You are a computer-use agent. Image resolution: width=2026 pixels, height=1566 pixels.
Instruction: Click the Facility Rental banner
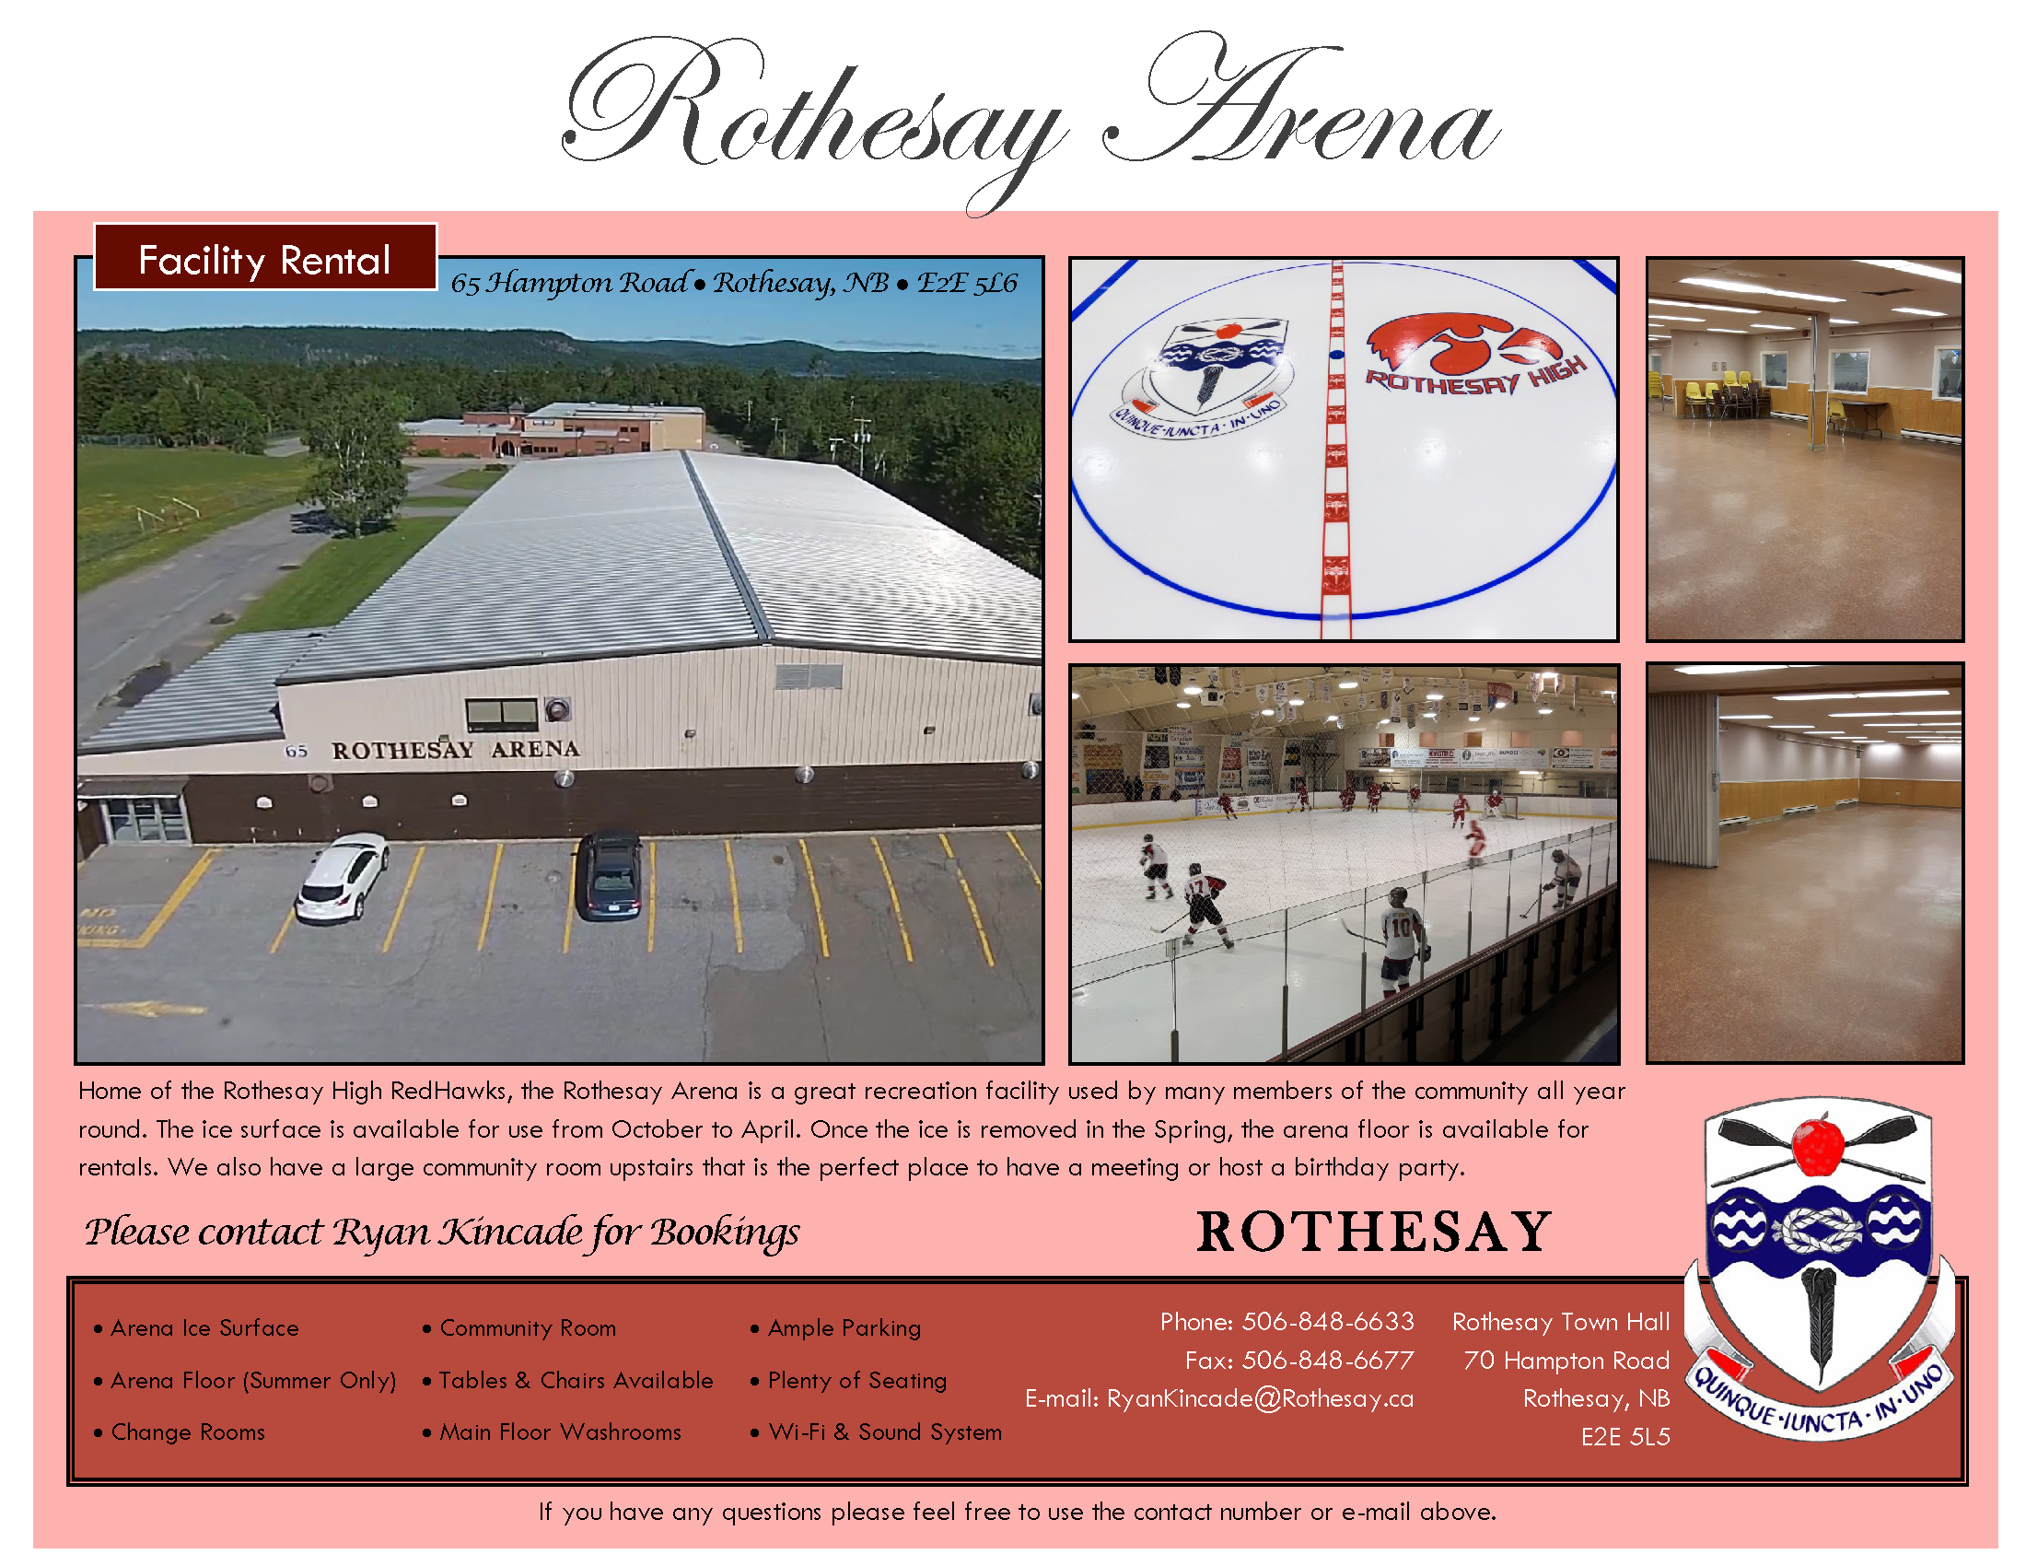pos(265,257)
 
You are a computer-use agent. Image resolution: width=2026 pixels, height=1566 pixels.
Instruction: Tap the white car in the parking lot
pos(343,877)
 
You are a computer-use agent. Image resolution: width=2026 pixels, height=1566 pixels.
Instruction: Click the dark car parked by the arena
pos(609,874)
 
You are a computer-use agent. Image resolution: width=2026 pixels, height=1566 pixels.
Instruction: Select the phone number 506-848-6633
pos(1327,1321)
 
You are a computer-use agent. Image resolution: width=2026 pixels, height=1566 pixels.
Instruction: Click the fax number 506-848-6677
pos(1327,1360)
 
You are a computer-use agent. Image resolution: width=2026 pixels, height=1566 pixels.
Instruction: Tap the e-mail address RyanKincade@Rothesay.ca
pos(1260,1398)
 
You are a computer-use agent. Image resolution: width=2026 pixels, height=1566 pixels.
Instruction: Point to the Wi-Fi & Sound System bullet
pos(877,1432)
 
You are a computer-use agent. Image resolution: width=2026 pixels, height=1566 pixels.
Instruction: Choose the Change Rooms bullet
pos(180,1432)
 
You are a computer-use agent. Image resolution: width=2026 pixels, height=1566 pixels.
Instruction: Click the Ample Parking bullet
pos(836,1327)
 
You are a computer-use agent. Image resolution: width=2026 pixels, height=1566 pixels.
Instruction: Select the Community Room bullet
pos(519,1327)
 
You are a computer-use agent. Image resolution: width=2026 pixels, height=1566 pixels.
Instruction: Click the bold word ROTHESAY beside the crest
pos(1373,1232)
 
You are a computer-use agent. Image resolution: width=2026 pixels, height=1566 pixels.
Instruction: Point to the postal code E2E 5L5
pos(1625,1436)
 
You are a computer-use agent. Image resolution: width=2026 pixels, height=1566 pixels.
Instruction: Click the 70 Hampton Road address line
pos(1566,1360)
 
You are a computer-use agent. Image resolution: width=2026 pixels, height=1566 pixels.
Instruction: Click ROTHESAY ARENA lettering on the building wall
pos(456,749)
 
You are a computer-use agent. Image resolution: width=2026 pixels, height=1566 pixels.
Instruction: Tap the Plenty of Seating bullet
pos(849,1380)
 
